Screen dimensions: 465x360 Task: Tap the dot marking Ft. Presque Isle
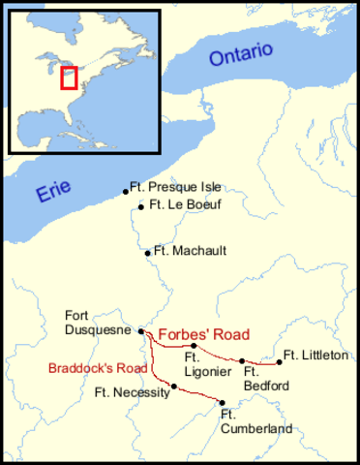tap(126, 192)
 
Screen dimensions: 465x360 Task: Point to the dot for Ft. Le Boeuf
tap(141, 206)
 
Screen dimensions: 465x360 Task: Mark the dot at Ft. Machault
tap(147, 253)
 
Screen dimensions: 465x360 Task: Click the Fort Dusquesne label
tap(91, 322)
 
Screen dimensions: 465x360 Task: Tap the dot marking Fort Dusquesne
tap(142, 331)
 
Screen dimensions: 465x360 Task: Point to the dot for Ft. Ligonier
tap(195, 346)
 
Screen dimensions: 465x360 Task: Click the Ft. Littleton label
tap(315, 356)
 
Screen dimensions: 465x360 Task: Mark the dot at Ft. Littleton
tap(280, 362)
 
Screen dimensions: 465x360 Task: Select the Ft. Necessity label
tap(131, 392)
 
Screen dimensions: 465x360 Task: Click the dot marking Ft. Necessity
tap(174, 387)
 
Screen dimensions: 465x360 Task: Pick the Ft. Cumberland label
tap(241, 421)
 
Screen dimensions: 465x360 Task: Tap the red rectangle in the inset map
tap(69, 77)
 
